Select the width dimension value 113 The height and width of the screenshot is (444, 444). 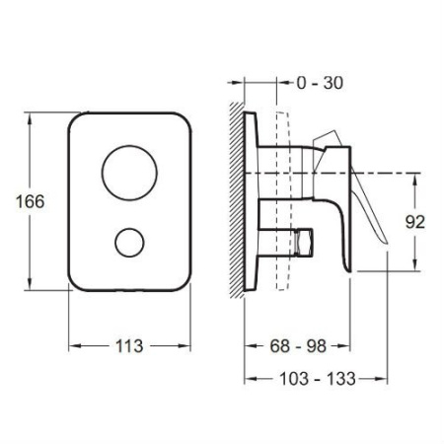[x=129, y=346]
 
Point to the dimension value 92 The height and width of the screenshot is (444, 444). [x=414, y=223]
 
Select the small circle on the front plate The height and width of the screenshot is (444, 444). [x=129, y=243]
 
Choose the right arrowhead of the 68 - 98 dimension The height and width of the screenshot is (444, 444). [x=345, y=346]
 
